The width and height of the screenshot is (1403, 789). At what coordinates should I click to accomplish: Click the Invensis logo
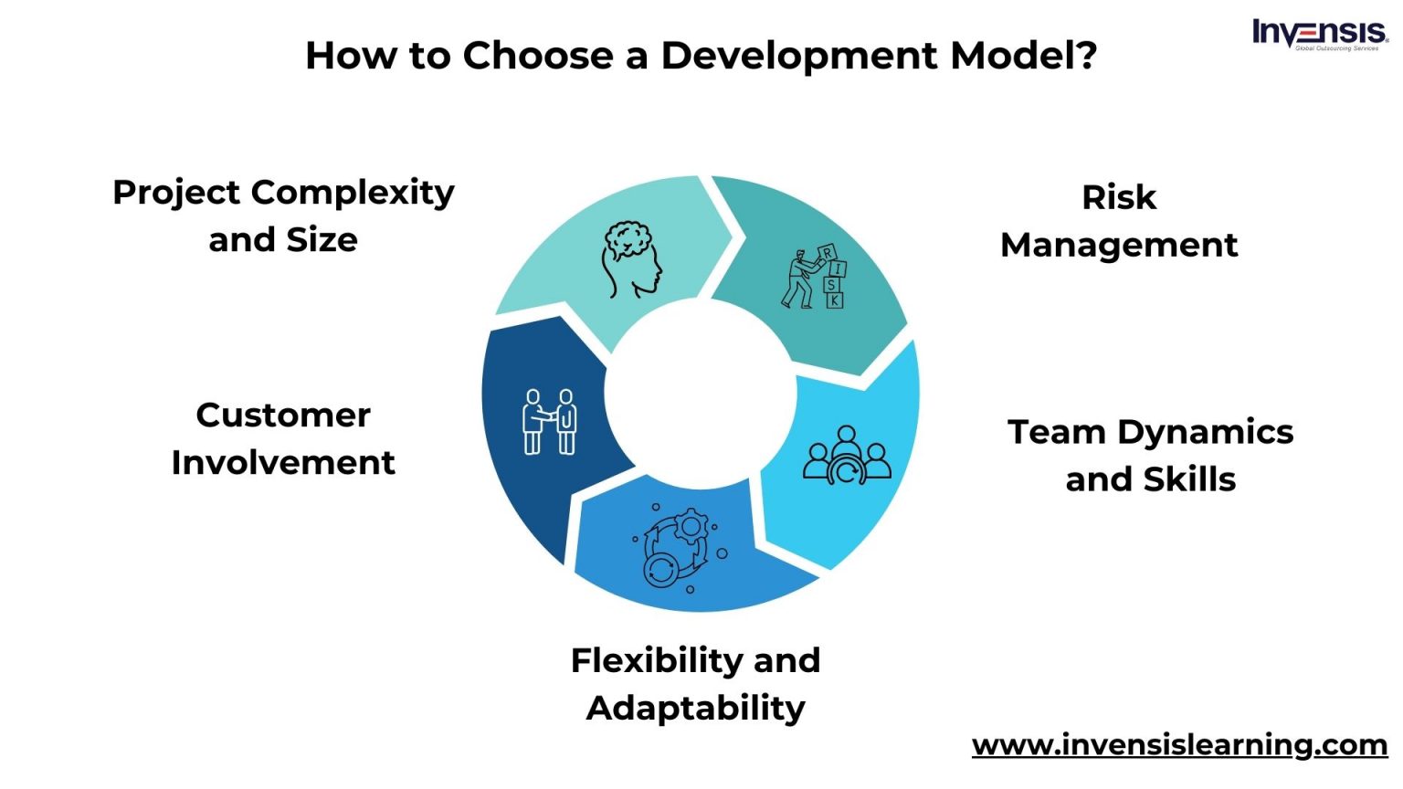(x=1319, y=34)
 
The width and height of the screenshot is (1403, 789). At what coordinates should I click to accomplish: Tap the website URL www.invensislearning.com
(x=1179, y=744)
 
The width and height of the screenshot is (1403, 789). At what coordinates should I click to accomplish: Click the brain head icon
(x=630, y=259)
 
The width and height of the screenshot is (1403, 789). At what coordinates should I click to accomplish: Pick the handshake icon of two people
(x=549, y=421)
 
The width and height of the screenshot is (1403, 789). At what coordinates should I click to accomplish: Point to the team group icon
(x=847, y=454)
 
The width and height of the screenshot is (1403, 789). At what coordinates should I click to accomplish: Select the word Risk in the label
(x=1119, y=197)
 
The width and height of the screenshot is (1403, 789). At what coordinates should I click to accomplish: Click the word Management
(x=1119, y=245)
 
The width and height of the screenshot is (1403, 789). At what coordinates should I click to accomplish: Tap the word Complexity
(x=353, y=193)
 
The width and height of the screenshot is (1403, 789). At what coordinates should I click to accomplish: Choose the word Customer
(x=283, y=416)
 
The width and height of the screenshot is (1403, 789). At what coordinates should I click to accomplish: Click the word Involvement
(x=283, y=463)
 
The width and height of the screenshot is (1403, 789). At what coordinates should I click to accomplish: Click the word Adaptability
(x=696, y=708)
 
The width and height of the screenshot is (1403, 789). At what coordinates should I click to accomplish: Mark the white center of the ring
(x=700, y=394)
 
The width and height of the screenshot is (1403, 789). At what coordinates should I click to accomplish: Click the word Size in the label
(x=322, y=240)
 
